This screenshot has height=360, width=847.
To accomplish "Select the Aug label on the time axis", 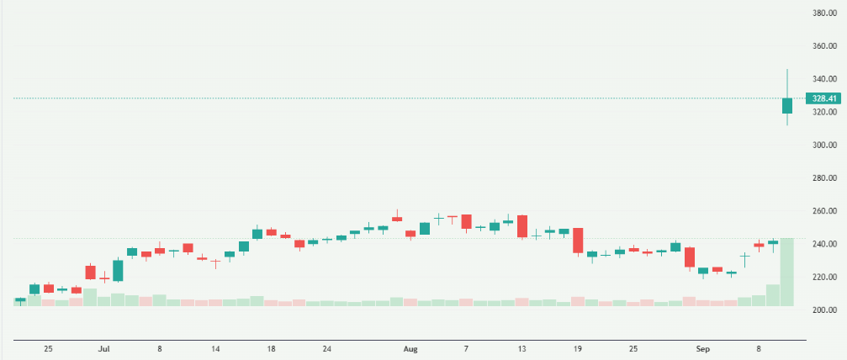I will (x=410, y=348).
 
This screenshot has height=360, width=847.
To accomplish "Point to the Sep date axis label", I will (x=703, y=348).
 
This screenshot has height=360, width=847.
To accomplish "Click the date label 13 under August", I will (x=521, y=348).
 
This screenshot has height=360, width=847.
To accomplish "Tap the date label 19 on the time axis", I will (x=578, y=348).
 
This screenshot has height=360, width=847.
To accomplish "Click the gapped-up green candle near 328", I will (x=787, y=106).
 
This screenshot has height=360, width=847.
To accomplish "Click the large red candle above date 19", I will (x=578, y=240).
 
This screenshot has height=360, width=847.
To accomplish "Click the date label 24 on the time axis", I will (x=327, y=348).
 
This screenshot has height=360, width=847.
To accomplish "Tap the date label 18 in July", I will (x=271, y=348).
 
